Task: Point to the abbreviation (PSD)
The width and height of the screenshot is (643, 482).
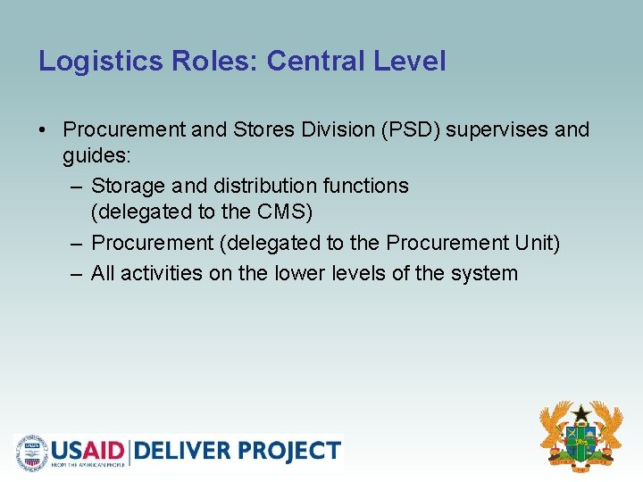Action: pyautogui.click(x=410, y=129)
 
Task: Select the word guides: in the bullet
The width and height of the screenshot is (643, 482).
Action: pyautogui.click(x=96, y=156)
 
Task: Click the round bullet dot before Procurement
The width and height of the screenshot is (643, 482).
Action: pyautogui.click(x=43, y=130)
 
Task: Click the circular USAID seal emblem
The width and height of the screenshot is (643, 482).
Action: pyautogui.click(x=32, y=452)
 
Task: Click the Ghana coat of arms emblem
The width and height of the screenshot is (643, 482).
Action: pyautogui.click(x=580, y=436)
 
